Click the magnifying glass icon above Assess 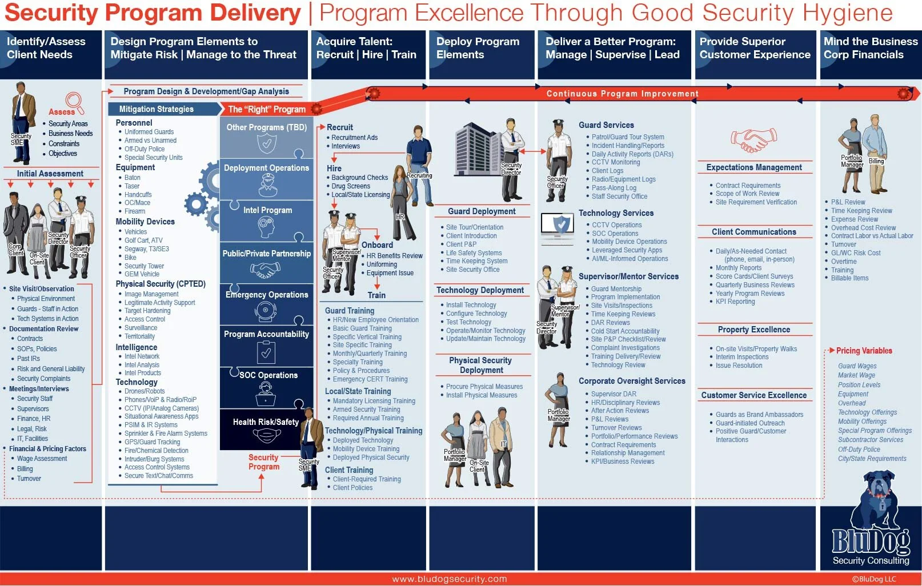click(x=74, y=101)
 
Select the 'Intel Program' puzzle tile click(x=267, y=220)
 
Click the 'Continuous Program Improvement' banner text click(x=622, y=94)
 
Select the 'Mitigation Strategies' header click(x=157, y=109)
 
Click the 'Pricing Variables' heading click(x=864, y=351)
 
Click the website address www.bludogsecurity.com click(x=450, y=579)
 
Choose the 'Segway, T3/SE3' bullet click(x=147, y=249)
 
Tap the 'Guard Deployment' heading click(x=481, y=211)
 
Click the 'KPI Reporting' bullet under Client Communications click(x=735, y=302)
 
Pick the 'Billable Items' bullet click(x=849, y=278)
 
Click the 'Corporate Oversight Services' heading click(x=632, y=381)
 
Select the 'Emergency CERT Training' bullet click(x=370, y=379)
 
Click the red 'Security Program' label click(x=263, y=462)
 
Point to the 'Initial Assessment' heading click(x=50, y=174)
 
